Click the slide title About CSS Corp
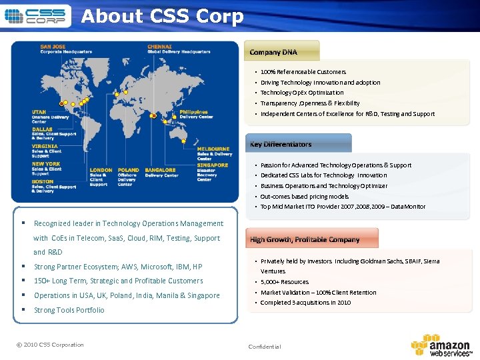[x=162, y=16]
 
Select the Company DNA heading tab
[x=273, y=52]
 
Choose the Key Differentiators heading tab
[x=281, y=144]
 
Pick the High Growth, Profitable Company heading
[x=305, y=239]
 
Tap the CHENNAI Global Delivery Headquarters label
[x=178, y=49]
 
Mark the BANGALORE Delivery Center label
[x=161, y=173]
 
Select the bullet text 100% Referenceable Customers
[x=303, y=71]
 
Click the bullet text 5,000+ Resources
[x=285, y=282]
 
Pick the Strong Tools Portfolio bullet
[x=69, y=310]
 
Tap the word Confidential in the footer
[x=265, y=347]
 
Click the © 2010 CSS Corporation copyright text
[x=50, y=345]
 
